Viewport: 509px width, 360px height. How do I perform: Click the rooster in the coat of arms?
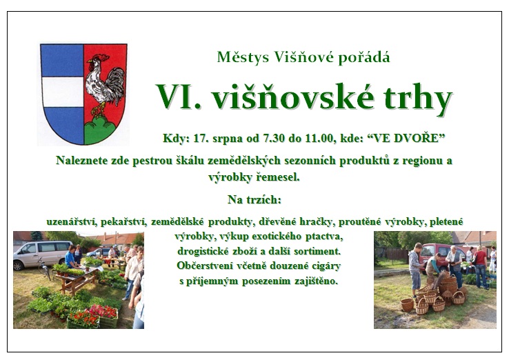coord(103,85)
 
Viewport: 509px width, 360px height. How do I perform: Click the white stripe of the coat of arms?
coord(62,92)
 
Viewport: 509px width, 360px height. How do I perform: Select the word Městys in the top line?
coord(243,57)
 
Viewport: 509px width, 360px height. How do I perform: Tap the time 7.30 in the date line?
coord(275,139)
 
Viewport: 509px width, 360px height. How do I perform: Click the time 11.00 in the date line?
coord(319,139)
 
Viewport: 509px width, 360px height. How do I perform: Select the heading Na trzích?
coord(254,199)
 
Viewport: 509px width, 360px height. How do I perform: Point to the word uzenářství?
coord(72,221)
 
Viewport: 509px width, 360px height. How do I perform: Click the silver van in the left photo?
coord(42,254)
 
